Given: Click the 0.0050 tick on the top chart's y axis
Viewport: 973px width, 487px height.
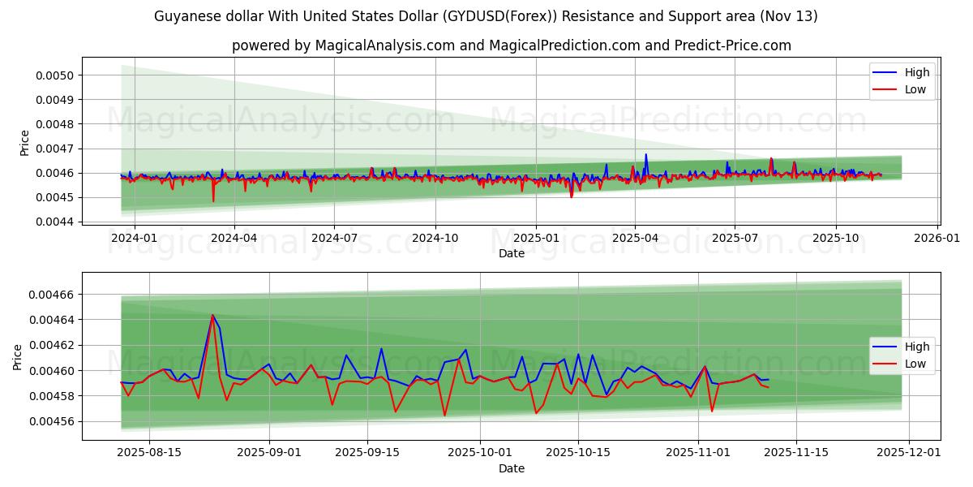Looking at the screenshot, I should pos(52,75).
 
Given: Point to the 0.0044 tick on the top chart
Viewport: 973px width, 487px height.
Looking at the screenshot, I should pos(52,222).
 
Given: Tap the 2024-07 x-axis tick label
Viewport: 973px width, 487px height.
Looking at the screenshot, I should pos(335,238).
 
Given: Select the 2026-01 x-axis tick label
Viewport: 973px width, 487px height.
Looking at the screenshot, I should pos(938,238).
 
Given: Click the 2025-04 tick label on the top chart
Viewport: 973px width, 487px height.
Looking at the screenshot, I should pos(635,238).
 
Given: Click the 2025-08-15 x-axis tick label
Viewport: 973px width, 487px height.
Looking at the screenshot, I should pos(150,452).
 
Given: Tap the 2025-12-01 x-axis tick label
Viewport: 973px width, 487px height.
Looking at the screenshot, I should pos(909,452).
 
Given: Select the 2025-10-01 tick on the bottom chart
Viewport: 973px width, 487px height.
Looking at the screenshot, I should pos(479,452).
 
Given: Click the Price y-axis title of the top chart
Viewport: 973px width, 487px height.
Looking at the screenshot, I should pos(25,143).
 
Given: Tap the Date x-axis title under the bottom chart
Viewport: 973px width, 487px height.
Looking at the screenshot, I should pos(511,468).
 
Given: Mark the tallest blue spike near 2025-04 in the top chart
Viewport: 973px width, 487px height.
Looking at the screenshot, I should pos(646,154).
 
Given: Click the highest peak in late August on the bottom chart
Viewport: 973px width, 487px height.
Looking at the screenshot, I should pos(212,315).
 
